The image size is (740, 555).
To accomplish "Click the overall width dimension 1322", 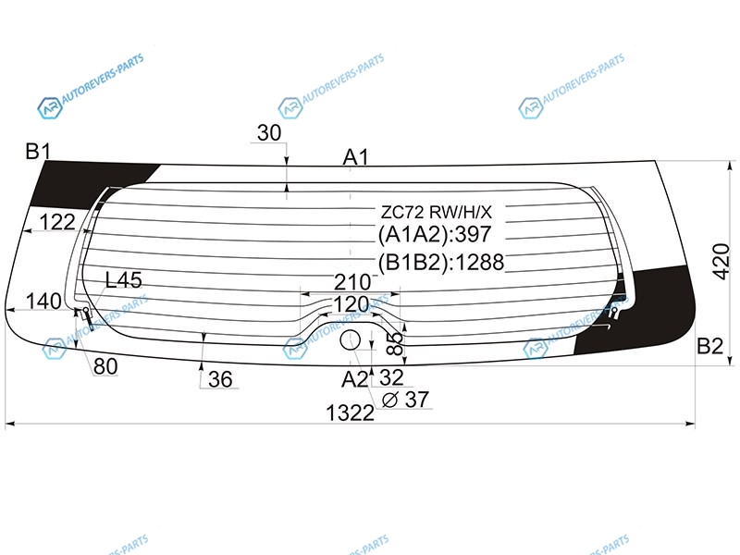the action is (350, 413).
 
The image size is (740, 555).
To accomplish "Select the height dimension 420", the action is (721, 262).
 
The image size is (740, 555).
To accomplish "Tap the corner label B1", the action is (38, 152).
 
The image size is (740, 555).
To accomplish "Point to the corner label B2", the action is (709, 346).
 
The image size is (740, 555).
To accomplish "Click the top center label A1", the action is (355, 157).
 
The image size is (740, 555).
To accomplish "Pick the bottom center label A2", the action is (354, 379).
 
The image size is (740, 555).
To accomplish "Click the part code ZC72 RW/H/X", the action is (437, 213).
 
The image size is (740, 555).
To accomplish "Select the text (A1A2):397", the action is (435, 235).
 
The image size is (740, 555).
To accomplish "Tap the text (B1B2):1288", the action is (441, 262).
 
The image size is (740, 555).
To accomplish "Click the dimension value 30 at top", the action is (269, 133).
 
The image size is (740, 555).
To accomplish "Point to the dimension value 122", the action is (57, 222).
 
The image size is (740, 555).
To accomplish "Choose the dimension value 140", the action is (43, 302).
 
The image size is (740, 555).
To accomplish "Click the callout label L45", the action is (124, 280).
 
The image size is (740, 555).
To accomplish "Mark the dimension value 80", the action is (105, 366).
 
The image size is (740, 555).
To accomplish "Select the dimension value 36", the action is (220, 379).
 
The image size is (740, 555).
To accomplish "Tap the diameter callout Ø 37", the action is (405, 400).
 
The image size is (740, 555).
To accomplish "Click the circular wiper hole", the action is (351, 340).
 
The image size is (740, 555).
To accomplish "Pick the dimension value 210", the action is (352, 282).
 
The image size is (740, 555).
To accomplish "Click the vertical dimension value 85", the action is (396, 342).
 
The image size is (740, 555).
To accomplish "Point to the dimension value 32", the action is (391, 377).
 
